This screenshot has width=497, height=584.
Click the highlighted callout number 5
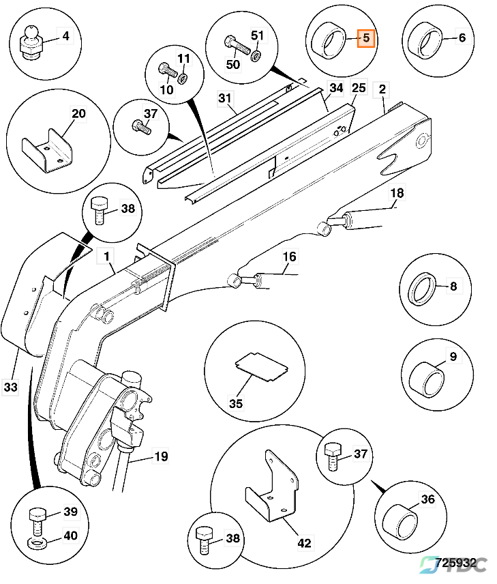[365, 38]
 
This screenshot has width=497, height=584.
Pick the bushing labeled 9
[425, 379]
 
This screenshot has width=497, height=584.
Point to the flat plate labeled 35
[259, 367]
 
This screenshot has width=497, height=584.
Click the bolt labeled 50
[237, 48]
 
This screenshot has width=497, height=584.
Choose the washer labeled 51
[256, 54]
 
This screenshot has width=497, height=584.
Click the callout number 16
[290, 257]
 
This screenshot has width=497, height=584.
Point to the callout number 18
[396, 194]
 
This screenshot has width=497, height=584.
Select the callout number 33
[10, 387]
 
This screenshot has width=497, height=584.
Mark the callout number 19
[160, 456]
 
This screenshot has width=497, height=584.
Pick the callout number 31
[225, 98]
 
